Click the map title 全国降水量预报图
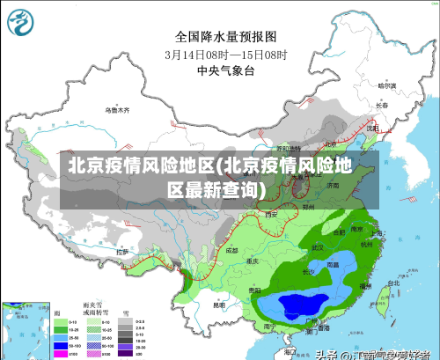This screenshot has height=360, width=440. [226, 37]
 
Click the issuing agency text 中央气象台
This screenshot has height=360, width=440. [226, 70]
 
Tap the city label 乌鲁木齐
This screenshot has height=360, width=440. [116, 110]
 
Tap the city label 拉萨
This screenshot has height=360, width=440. [122, 252]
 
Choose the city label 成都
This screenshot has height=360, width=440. [231, 250]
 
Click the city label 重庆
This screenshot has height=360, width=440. [253, 261]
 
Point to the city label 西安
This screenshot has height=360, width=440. [271, 214]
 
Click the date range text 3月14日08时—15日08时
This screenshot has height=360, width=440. [226, 54]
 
